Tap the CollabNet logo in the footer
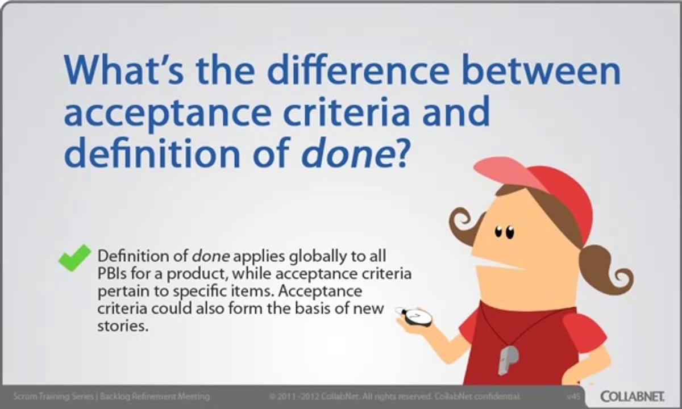636,395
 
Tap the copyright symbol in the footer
272,396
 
